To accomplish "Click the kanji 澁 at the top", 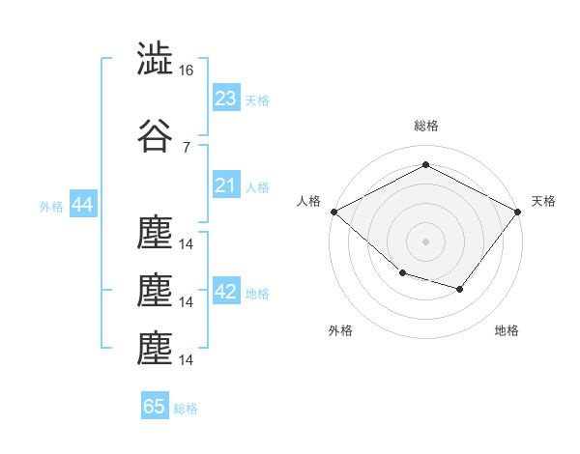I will [x=156, y=60].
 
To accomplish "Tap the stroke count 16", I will [x=187, y=71].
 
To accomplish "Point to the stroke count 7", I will [x=186, y=147].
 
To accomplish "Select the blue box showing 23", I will [x=226, y=99].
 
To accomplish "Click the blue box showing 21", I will [x=226, y=185].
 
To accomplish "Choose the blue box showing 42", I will [x=226, y=292].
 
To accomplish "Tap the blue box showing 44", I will [x=82, y=206].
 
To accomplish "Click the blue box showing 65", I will [x=155, y=407].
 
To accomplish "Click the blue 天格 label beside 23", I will [x=257, y=100].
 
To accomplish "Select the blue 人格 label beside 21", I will [x=257, y=187].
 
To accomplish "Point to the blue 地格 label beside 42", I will [x=257, y=294].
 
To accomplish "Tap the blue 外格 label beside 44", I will [x=51, y=207].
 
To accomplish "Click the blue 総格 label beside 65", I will [x=186, y=409].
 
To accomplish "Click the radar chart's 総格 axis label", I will [x=426, y=126].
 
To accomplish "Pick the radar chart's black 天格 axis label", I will [x=543, y=201].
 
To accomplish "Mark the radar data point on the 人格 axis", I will [x=333, y=212].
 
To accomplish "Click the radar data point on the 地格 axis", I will [x=460, y=289].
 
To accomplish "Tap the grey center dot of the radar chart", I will [x=426, y=241].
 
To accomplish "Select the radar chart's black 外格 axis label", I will [x=340, y=330].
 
